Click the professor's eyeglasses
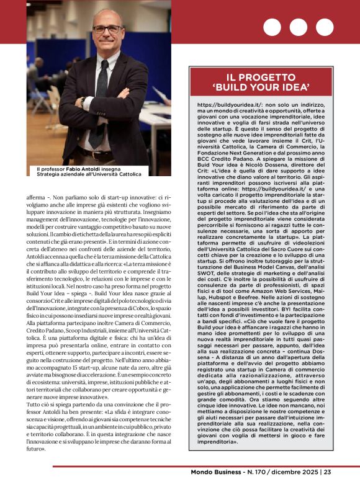coord(107,29)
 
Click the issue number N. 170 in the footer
coord(258,489)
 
